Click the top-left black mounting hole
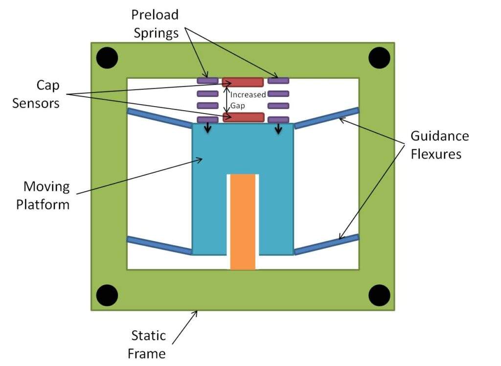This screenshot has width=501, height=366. click(x=107, y=58)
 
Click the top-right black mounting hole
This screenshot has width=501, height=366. click(x=379, y=58)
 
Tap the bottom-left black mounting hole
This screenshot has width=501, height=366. click(x=107, y=295)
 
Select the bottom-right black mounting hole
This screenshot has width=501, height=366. click(x=379, y=295)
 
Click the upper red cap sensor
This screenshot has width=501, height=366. click(x=243, y=82)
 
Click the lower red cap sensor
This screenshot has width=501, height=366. click(x=243, y=117)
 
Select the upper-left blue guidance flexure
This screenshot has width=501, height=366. click(x=159, y=118)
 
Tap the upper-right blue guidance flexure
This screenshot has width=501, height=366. click(x=326, y=118)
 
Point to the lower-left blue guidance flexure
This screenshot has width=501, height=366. click(x=159, y=246)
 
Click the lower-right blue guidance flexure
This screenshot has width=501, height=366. click(x=326, y=246)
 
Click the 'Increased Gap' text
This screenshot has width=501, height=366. click(x=248, y=99)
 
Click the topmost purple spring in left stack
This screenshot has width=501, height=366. click(x=207, y=80)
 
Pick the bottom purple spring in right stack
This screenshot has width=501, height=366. click(x=279, y=119)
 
